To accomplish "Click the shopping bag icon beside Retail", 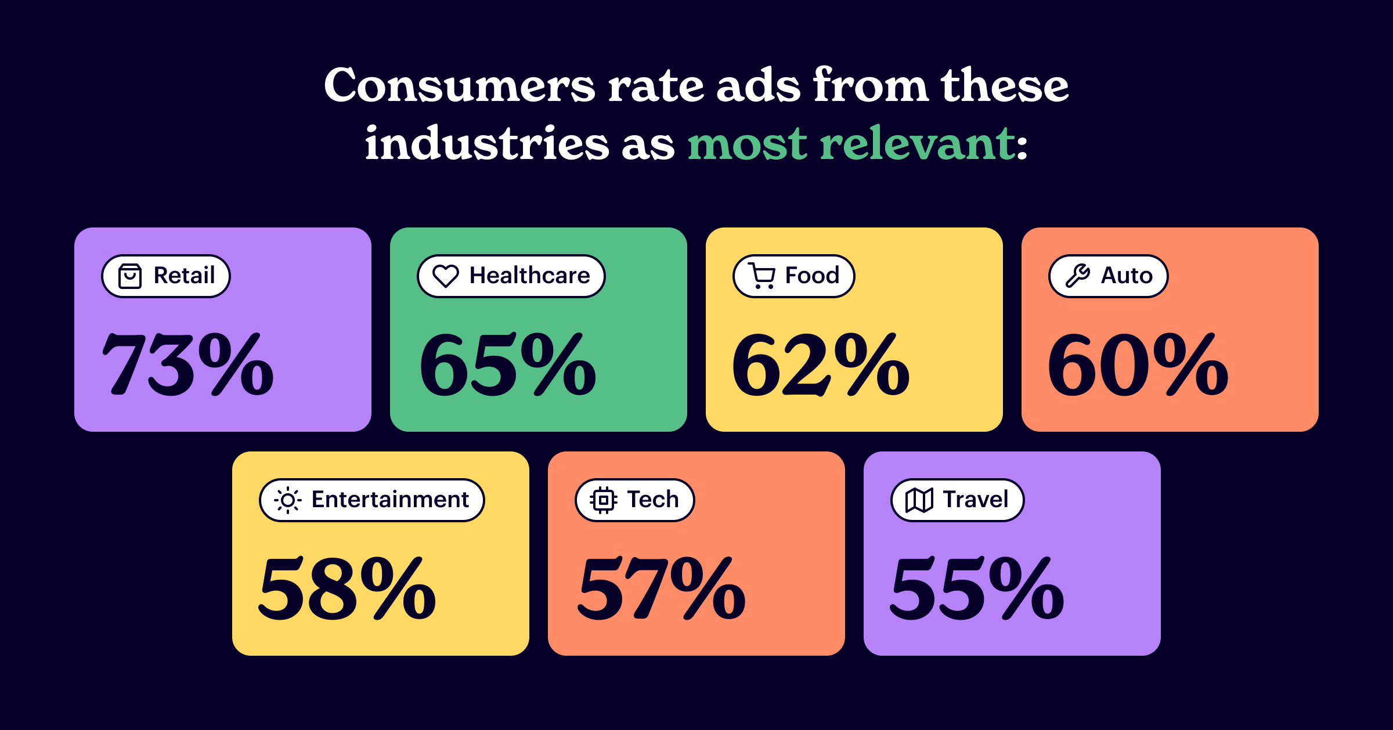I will point(130,276).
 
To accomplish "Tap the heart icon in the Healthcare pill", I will point(446,276).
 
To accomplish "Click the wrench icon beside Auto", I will point(1078,276).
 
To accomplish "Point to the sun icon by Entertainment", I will point(288,500).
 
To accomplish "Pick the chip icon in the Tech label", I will point(604,500).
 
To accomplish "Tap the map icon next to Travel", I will point(919,500).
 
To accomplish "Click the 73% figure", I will point(187,364).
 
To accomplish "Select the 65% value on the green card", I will point(507,364).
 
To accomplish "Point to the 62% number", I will point(820,364).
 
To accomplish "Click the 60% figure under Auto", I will point(1138,364).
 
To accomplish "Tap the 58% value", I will point(347,588).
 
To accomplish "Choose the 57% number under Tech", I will point(662,588).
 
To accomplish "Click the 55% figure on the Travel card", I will point(977,588).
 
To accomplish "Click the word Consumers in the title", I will point(459,86).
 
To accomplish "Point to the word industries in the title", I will point(487,144).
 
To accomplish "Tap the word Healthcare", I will point(529,276).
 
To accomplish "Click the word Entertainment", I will point(390,500).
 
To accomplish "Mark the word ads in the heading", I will point(759,86).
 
